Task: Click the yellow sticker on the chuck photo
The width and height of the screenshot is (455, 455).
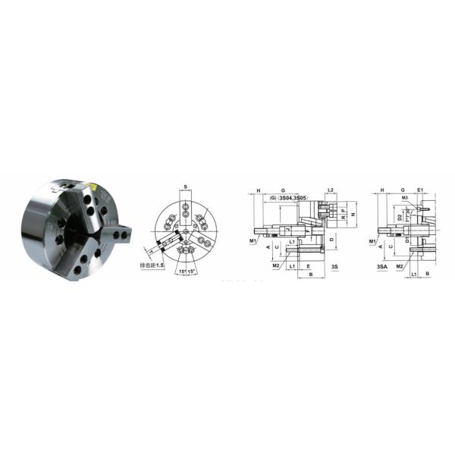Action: [91, 186]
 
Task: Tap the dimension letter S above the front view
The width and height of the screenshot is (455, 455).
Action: [185, 187]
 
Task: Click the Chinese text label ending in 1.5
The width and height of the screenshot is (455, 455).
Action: [150, 265]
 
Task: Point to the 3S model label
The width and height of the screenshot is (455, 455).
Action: [334, 267]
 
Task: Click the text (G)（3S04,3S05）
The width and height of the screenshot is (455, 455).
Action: [287, 199]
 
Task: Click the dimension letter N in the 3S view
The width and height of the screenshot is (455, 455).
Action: [354, 215]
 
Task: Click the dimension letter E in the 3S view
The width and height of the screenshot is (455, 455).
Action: [309, 266]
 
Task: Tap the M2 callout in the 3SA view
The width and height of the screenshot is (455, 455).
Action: [399, 268]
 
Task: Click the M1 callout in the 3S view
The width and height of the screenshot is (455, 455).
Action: [253, 240]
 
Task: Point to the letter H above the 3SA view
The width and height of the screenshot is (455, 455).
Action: [382, 190]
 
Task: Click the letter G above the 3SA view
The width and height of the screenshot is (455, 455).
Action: [403, 190]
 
